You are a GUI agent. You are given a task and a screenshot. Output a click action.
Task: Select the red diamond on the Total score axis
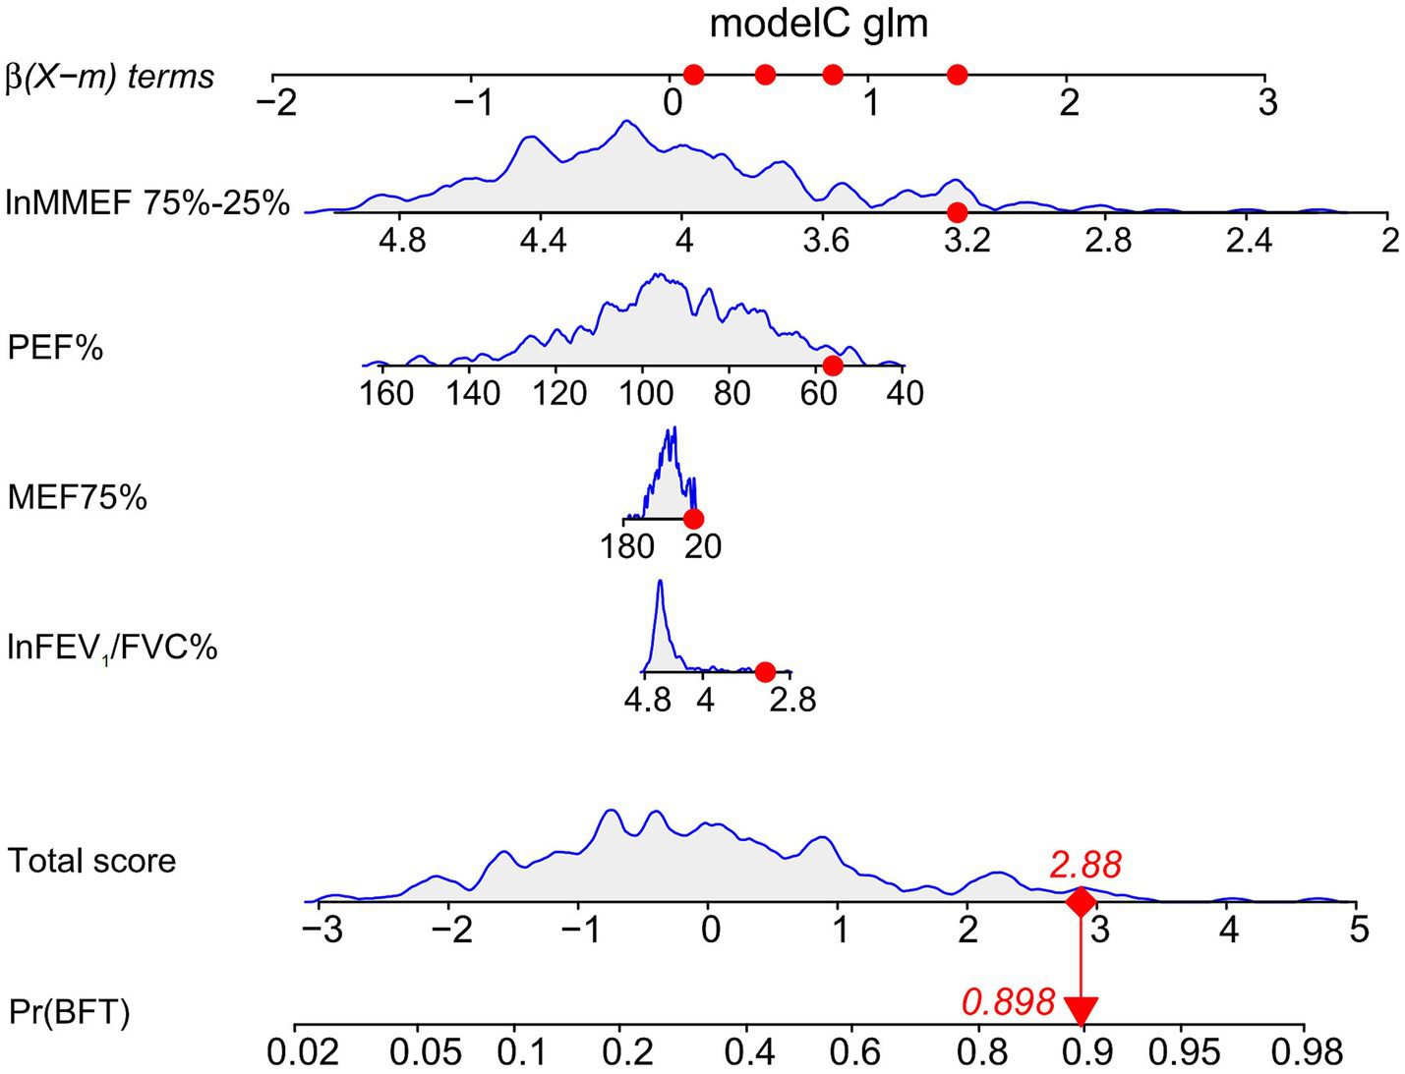[x=1081, y=901]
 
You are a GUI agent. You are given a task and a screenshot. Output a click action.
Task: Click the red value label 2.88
[x=1084, y=865]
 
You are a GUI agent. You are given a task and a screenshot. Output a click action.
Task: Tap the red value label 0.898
[x=1008, y=1002]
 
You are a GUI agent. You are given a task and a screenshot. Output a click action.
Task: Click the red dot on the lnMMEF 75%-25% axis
[x=957, y=212]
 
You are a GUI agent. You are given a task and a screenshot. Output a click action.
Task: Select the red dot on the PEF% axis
[x=833, y=366]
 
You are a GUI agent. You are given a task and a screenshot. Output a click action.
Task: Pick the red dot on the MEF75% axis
[x=693, y=519]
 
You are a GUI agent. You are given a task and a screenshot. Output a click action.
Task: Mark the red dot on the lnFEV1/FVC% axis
[x=765, y=671]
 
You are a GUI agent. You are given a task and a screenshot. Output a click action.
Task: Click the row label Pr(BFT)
[x=69, y=1012]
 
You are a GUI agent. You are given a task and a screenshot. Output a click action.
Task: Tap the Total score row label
[x=91, y=861]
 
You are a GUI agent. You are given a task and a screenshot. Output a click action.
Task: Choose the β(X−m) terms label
[x=110, y=77]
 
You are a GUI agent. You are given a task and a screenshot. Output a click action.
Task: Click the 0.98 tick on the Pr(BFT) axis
[x=1307, y=1052]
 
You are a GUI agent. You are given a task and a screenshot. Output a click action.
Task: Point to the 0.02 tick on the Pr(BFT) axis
[x=304, y=1052]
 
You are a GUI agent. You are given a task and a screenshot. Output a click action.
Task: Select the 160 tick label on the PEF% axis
[x=386, y=393]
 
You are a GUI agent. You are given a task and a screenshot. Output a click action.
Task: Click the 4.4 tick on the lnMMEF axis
[x=543, y=240]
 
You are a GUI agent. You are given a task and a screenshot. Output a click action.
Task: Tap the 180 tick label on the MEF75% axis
[x=627, y=545]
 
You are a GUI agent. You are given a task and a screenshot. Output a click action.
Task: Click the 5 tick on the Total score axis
[x=1359, y=929]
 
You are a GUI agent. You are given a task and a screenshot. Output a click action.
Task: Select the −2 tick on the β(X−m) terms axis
[x=275, y=102]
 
